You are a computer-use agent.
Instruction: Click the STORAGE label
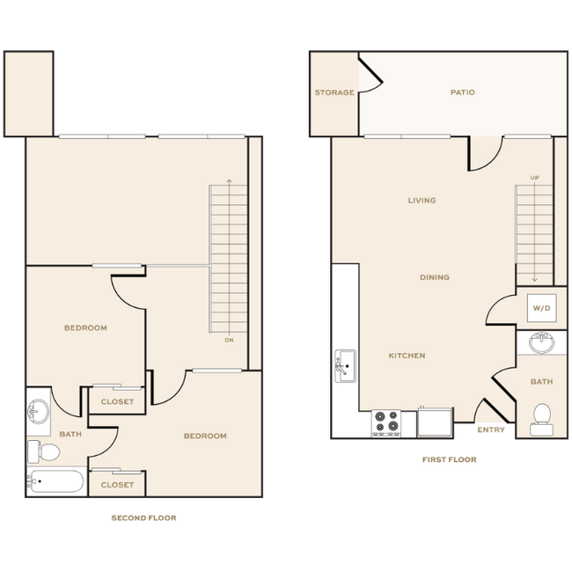click(334, 92)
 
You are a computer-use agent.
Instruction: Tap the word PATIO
click(462, 92)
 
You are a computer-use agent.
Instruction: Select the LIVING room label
click(422, 201)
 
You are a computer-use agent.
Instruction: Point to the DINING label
click(434, 277)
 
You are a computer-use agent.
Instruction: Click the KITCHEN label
click(407, 356)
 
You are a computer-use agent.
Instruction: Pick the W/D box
click(539, 309)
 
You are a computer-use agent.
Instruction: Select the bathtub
click(55, 481)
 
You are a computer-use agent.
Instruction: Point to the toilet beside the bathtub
click(44, 451)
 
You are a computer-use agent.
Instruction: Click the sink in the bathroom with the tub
click(38, 410)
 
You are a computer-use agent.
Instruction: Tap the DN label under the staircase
click(229, 340)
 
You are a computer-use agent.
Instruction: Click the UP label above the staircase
click(535, 178)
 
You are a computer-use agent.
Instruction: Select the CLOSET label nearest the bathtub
click(116, 485)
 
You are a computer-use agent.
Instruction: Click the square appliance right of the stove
click(434, 422)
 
